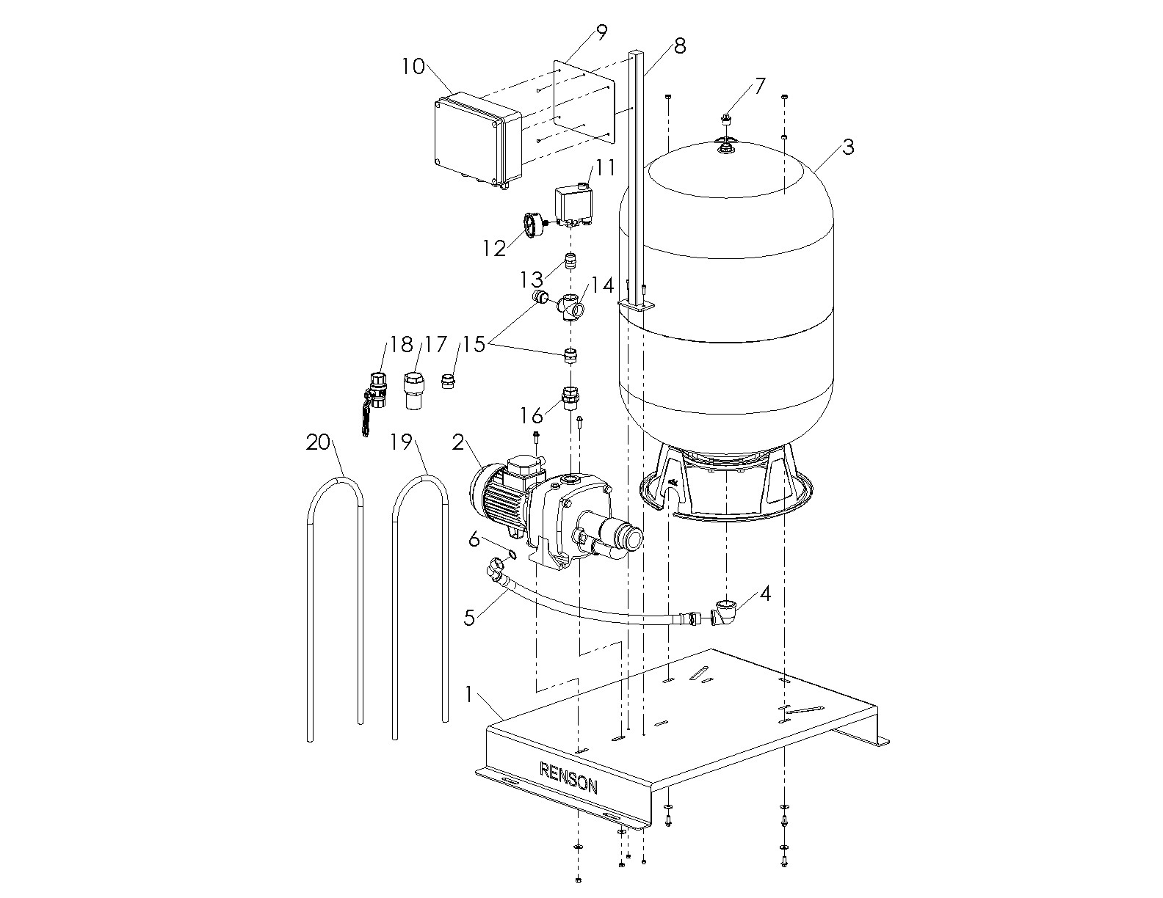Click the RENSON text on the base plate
568,778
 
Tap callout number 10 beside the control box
413,67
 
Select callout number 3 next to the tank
848,147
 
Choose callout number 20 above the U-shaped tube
318,442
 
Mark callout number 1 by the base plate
470,693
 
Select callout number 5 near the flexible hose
470,616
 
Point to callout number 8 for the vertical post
679,45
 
